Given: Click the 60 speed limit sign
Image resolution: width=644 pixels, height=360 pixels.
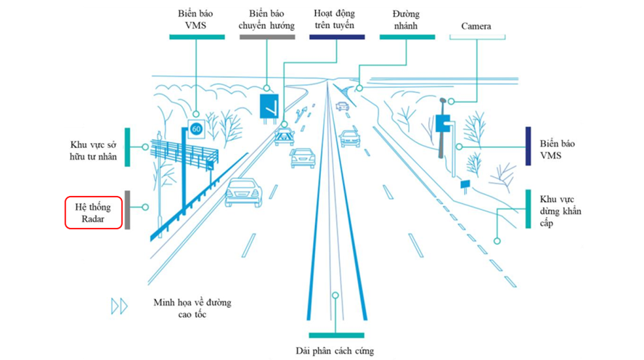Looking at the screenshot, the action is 196,129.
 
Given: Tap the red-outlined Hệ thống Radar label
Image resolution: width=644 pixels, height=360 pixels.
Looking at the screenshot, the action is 93,212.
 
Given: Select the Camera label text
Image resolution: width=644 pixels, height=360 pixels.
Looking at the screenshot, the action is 476,26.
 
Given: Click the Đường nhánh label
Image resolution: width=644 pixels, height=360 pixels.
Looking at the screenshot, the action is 405,20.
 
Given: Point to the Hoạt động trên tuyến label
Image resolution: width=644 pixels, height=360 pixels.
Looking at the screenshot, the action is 334,20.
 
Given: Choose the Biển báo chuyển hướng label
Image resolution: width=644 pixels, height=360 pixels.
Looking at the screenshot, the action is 266,20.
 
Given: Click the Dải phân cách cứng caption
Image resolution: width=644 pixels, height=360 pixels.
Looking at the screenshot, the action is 335,351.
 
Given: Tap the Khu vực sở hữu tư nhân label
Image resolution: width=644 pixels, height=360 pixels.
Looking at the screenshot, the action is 93,151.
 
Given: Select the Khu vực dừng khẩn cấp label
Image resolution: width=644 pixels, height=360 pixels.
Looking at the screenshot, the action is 561,211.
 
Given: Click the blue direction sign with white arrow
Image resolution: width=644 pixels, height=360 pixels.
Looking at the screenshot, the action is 269,106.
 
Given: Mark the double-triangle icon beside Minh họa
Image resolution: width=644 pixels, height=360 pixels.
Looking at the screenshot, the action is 120,306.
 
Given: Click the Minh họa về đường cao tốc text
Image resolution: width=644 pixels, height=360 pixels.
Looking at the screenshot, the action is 192,308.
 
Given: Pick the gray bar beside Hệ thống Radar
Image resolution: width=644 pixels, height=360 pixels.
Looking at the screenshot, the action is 128,210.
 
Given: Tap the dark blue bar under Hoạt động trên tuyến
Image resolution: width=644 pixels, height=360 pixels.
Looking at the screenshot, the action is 337,37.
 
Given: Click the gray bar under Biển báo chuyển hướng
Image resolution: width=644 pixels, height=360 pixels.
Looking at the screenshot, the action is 267,37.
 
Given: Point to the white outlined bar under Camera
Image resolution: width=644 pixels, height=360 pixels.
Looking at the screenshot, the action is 477,37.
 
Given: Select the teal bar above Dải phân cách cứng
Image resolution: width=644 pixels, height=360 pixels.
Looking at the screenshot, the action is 336,335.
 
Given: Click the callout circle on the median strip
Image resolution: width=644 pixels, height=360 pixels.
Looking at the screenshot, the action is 335,295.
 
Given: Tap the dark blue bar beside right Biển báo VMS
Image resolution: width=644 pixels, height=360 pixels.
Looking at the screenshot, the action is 528,146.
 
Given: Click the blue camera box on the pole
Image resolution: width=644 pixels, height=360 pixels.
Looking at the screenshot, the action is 443,123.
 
